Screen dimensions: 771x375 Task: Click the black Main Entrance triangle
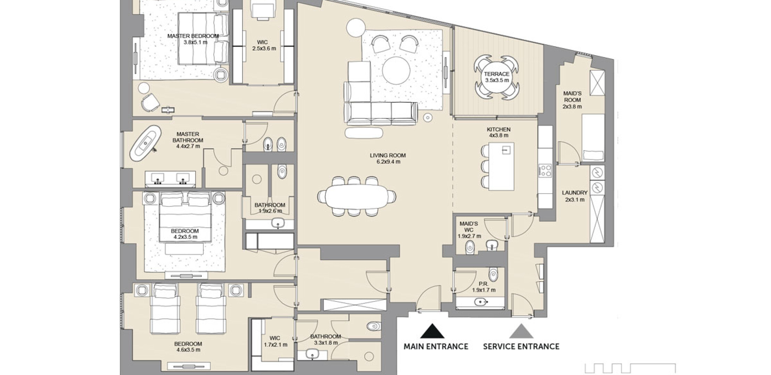coord(432,331)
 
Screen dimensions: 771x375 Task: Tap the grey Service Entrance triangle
coord(521,331)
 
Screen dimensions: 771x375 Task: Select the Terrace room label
coord(497,74)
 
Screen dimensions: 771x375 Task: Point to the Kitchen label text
coord(498,130)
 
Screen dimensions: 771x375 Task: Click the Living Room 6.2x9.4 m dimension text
coord(388,162)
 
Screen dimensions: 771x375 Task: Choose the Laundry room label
coord(575,193)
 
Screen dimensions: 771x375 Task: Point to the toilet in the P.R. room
coord(493,274)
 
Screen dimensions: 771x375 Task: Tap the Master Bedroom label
coord(193,36)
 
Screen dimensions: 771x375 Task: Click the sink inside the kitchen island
coord(506,150)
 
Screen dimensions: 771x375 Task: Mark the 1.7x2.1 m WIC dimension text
coord(275,345)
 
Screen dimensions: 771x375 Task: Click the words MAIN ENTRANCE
coord(436,347)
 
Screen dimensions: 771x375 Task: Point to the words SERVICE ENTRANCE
coord(521,347)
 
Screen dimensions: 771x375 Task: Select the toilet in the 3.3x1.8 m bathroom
coord(374,326)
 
